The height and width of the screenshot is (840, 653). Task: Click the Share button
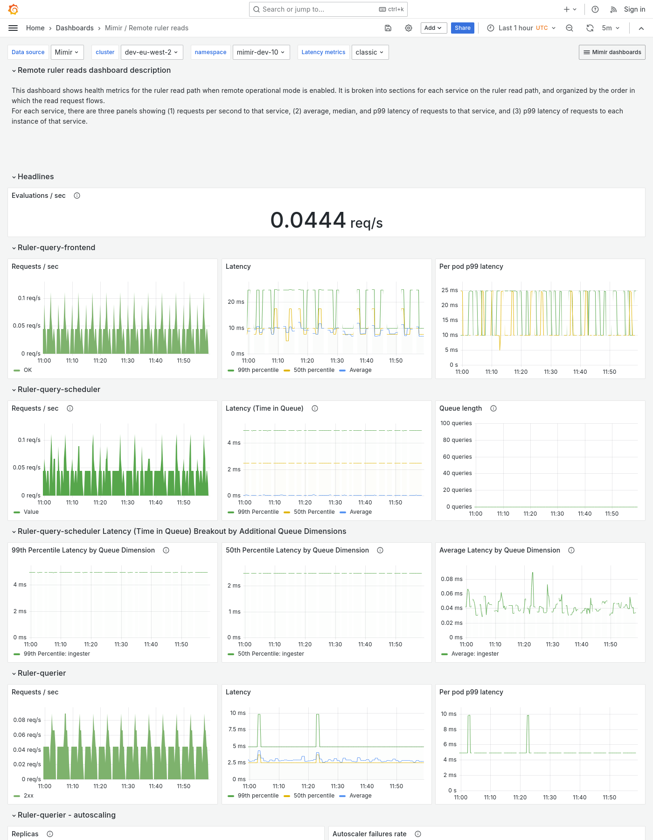462,28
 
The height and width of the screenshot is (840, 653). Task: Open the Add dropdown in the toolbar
433,28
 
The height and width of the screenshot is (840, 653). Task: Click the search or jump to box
328,9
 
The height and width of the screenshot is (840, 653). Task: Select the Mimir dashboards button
612,52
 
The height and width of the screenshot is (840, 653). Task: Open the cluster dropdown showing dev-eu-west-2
152,52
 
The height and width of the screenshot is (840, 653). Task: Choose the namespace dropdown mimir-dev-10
261,52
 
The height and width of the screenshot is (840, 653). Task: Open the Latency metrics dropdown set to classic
369,52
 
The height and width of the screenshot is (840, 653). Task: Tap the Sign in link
634,9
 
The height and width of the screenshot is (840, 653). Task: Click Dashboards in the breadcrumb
75,28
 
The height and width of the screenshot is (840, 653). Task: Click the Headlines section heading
36,176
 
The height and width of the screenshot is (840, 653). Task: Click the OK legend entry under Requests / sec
28,370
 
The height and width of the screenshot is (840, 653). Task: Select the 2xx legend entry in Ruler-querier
28,796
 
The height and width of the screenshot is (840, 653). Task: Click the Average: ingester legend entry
475,654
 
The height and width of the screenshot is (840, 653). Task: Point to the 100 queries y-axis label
456,423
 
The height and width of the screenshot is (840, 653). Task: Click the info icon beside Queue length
493,408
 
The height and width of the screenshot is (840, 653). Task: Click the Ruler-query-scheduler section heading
59,389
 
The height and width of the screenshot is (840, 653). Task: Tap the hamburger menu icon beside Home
13,28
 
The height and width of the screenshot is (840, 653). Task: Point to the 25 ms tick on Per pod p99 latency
450,290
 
